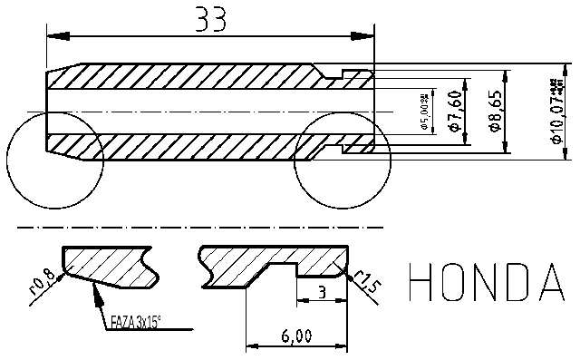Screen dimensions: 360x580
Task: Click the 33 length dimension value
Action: [211, 19]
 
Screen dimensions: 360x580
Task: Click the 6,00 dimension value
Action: [295, 336]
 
